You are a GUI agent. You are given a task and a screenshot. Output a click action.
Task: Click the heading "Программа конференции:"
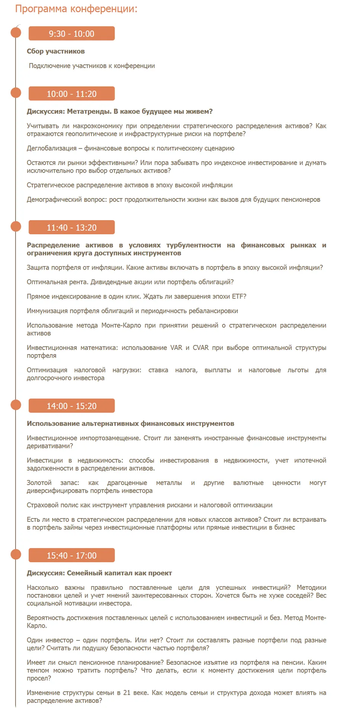pos(76,9)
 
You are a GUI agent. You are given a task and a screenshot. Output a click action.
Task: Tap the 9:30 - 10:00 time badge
pos(71,33)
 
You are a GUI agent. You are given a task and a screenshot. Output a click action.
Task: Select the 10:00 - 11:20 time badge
pos(71,94)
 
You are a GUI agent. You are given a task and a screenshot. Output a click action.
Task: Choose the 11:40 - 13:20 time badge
pos(71,228)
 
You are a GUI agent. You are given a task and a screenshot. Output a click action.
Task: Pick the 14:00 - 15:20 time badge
pos(71,406)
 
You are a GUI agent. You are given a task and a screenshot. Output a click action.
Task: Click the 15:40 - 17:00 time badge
pos(71,556)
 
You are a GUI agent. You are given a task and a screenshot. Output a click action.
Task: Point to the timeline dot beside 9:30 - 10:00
pos(16,32)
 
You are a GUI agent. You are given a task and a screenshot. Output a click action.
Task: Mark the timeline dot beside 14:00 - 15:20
pos(16,405)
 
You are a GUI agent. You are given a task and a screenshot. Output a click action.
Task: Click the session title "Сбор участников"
pos(56,51)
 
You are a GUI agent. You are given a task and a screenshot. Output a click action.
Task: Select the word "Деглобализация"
pos(52,148)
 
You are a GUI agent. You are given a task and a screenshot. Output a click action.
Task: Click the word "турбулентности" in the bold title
pos(193,245)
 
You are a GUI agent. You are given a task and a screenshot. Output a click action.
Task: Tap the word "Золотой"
pos(39,483)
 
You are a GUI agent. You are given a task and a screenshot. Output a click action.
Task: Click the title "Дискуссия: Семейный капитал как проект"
pos(99,573)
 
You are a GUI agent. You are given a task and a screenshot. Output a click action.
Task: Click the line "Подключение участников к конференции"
pos(92,66)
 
